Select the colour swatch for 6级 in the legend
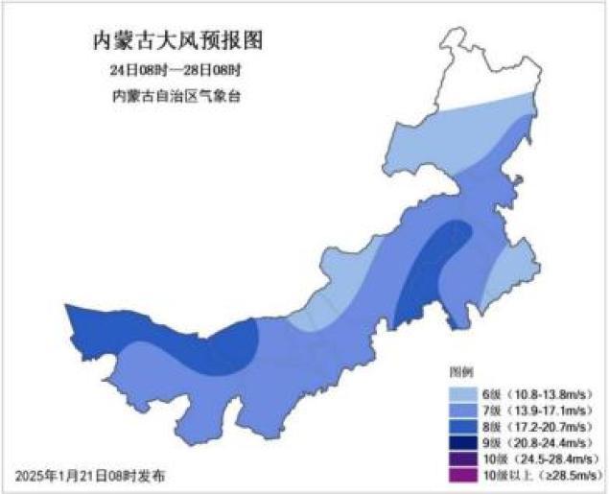pyautogui.click(x=463, y=393)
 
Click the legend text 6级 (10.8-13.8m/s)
pyautogui.click(x=532, y=393)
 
